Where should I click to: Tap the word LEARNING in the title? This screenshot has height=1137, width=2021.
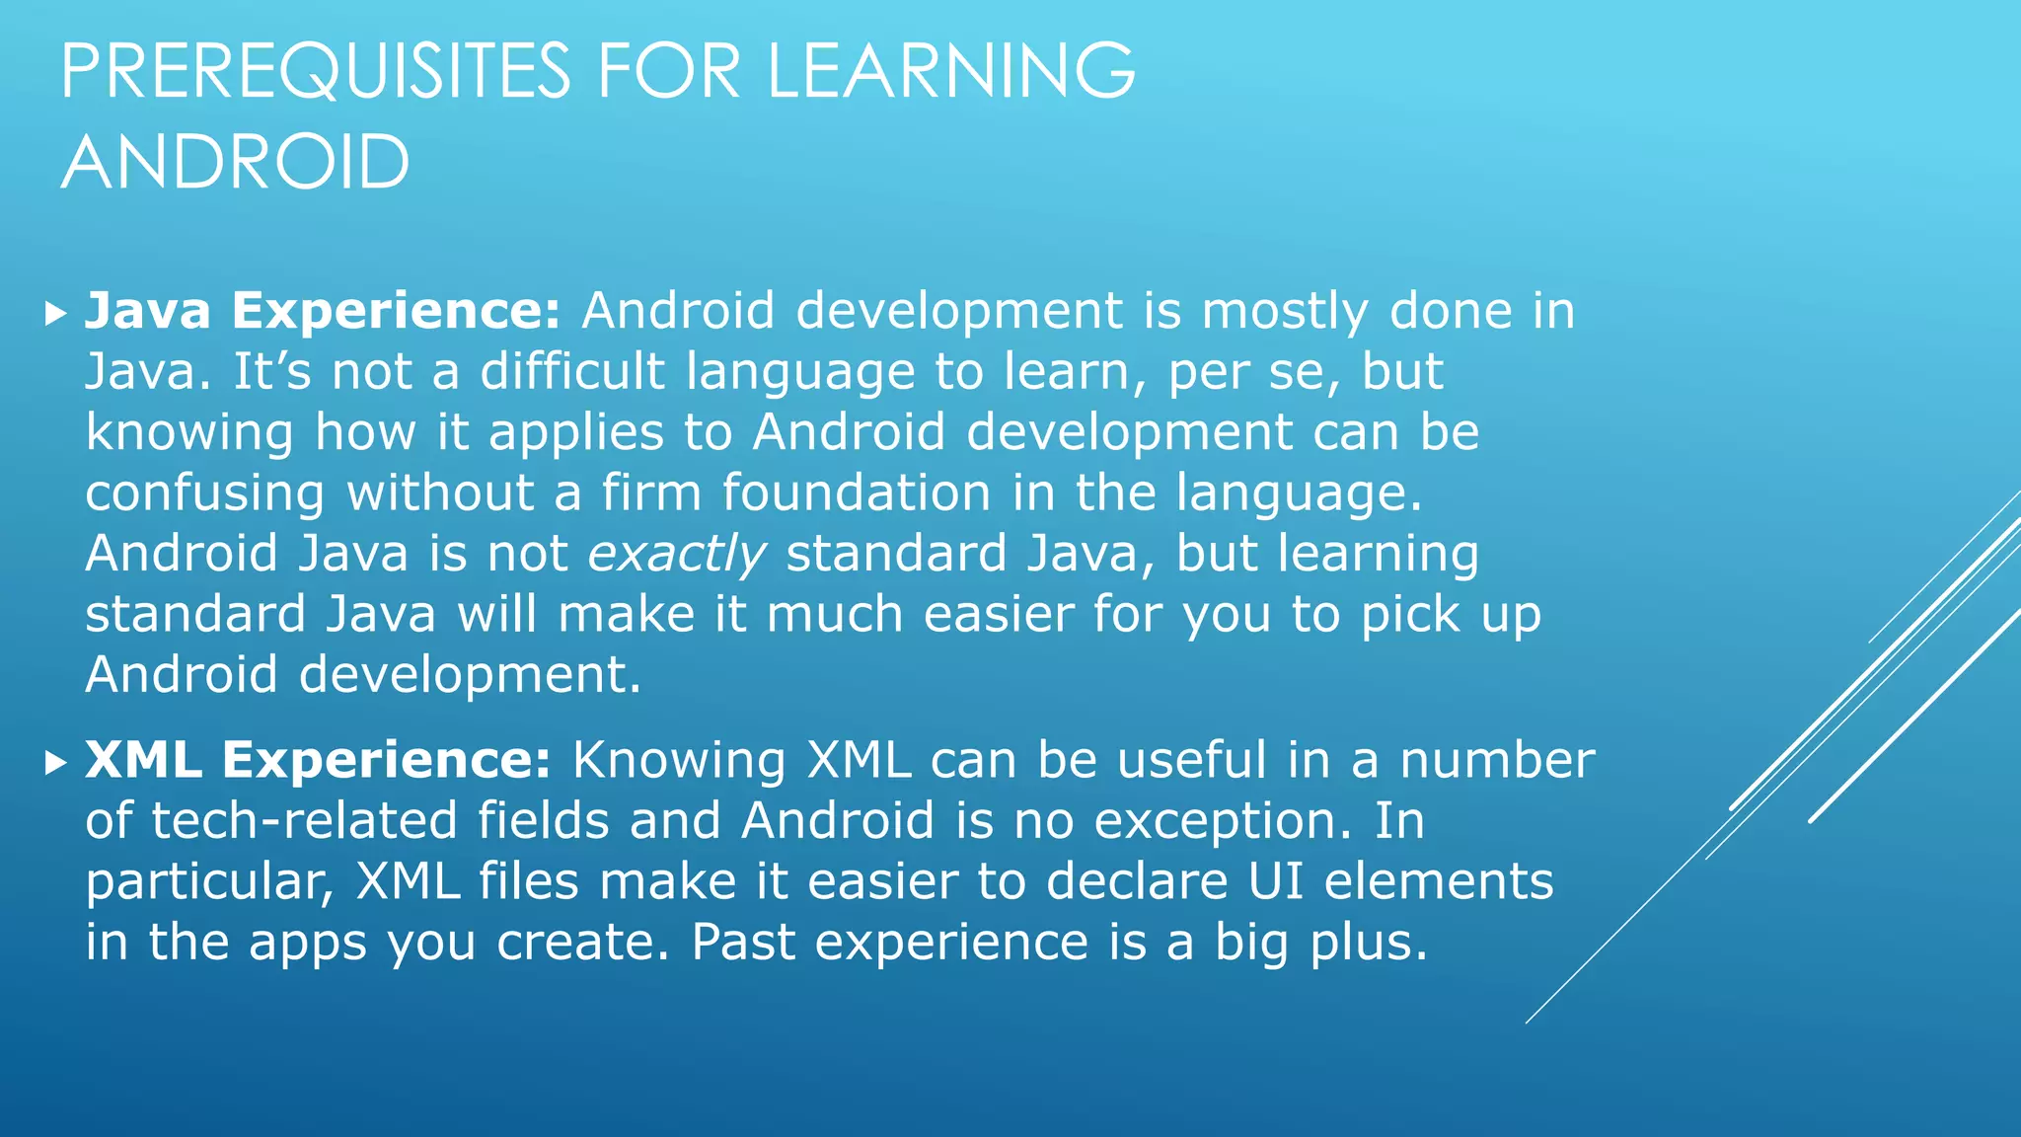pos(951,71)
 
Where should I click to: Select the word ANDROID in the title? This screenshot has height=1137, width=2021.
pos(235,162)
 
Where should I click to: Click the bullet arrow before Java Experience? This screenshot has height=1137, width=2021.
pos(55,315)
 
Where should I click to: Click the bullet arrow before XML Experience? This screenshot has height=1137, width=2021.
pos(55,763)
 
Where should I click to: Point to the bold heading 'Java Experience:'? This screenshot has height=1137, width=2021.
pos(323,311)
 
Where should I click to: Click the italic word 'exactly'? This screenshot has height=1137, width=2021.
pos(677,554)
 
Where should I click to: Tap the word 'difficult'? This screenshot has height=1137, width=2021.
pos(572,371)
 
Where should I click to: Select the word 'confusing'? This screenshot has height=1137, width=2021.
pos(205,493)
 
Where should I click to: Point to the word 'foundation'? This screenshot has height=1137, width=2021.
pos(856,493)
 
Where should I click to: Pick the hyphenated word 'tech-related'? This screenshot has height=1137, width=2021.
pos(304,821)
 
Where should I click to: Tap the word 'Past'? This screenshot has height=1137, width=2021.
pos(742,943)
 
